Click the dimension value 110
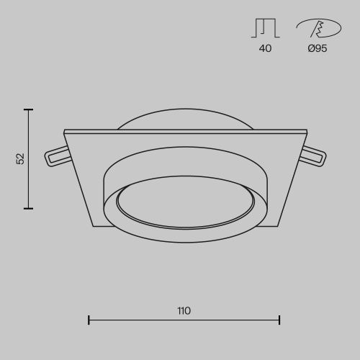coord(184,311)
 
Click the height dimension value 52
coord(20,158)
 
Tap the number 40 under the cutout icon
coord(265,49)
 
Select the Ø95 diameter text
coord(317,49)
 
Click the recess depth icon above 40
coord(265,27)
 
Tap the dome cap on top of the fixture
coord(185,120)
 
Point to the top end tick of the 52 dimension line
coord(29,109)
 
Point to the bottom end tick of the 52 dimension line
coord(29,209)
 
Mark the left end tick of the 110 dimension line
coord(89,320)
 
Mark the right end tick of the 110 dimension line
coord(279,320)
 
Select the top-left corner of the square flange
coord(65,131)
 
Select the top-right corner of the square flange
coord(306,131)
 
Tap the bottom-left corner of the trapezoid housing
coord(94,226)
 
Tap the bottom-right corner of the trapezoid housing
coord(278,226)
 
